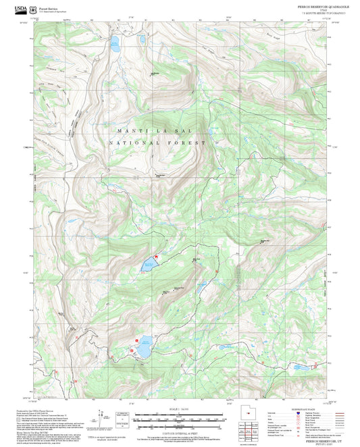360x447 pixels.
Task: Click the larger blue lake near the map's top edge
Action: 115,47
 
